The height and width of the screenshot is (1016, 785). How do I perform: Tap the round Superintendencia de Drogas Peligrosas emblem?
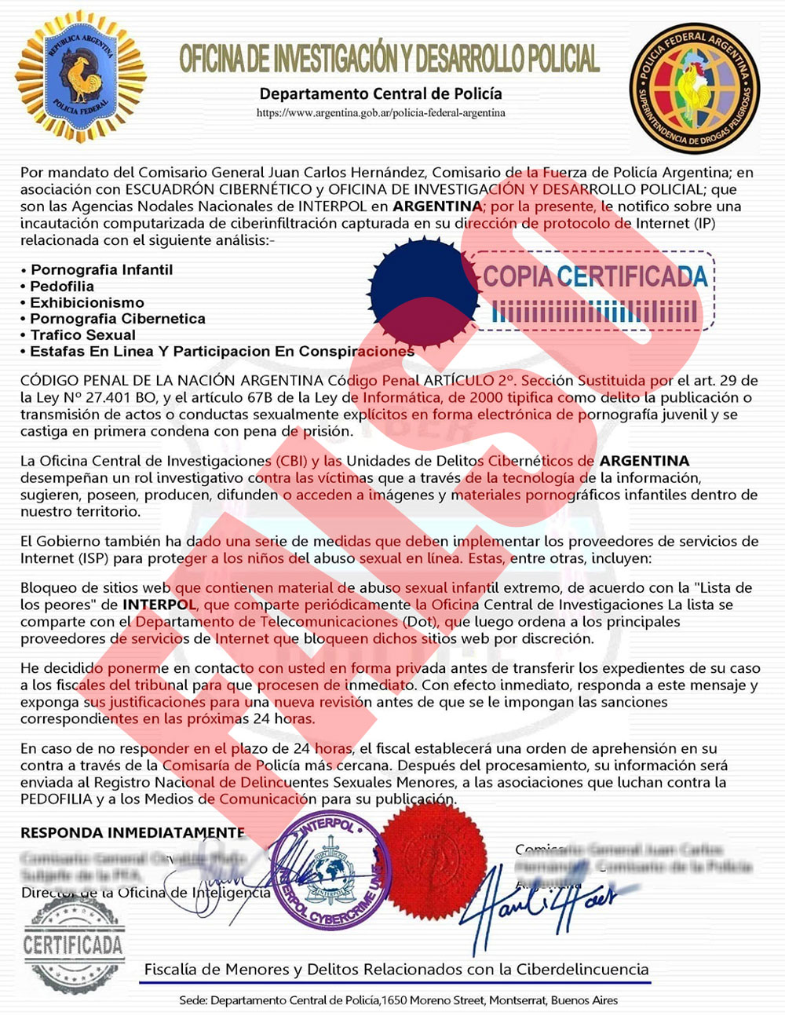point(693,87)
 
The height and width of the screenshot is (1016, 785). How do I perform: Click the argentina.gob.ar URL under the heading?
point(381,113)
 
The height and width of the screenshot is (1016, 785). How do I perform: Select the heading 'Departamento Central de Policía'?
point(381,93)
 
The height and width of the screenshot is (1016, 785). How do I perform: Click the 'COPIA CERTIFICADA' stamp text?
point(595,276)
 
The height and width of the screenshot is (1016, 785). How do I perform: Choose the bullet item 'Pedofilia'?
point(62,287)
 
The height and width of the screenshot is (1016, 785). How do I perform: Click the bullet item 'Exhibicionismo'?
point(87,303)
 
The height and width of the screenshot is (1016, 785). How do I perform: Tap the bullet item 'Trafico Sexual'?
point(83,335)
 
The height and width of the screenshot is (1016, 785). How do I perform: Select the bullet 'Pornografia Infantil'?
point(101,270)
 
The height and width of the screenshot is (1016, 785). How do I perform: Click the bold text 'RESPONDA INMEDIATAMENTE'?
point(133,832)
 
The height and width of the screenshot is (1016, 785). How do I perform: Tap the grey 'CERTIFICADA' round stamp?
point(73,945)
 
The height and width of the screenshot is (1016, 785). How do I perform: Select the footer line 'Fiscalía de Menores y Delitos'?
point(396,970)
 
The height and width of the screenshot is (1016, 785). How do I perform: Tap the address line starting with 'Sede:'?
point(398,1000)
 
